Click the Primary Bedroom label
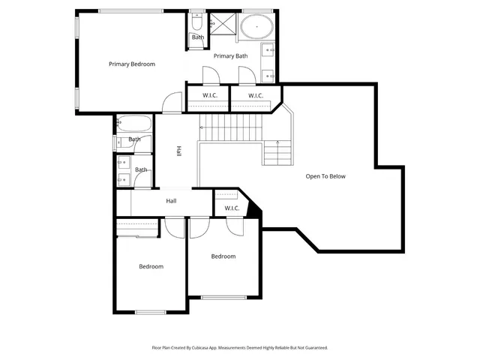(131, 64)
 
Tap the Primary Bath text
(230, 56)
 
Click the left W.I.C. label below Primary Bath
(209, 95)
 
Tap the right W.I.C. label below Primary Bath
(255, 95)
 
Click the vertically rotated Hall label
(178, 151)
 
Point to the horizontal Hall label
(171, 201)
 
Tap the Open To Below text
(325, 176)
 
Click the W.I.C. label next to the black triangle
(231, 208)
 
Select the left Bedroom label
(151, 266)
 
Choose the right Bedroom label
(223, 256)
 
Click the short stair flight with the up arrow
(277, 153)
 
